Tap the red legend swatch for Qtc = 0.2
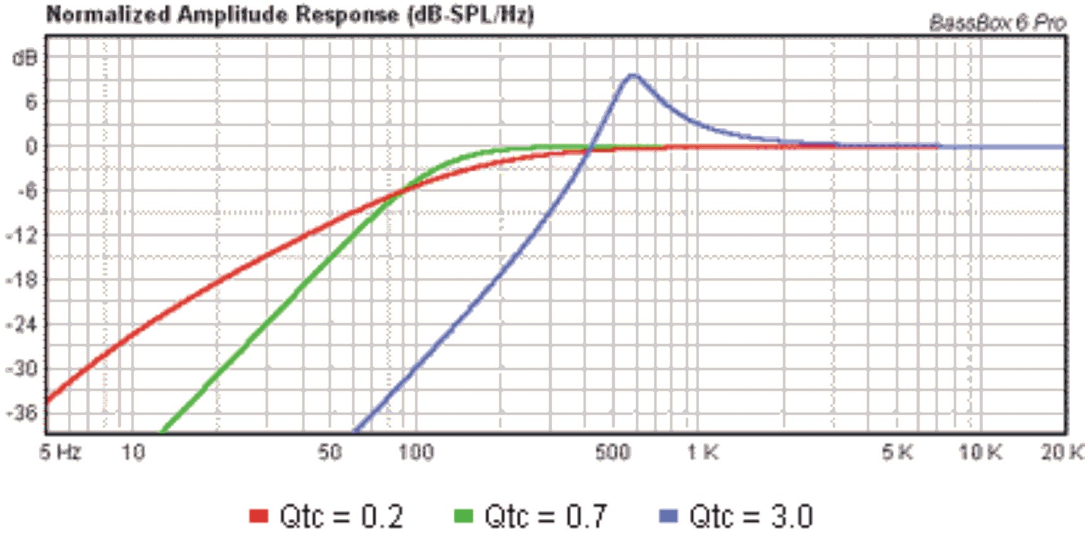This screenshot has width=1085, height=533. [x=259, y=516]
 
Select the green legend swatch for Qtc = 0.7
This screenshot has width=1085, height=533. [x=464, y=516]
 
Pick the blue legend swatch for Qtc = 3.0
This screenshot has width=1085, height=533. [x=668, y=516]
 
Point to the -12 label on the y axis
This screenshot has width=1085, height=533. [x=23, y=235]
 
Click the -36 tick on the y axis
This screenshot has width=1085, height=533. [x=23, y=413]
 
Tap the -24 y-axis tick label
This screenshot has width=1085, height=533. [x=23, y=324]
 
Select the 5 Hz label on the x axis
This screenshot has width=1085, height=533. [x=61, y=452]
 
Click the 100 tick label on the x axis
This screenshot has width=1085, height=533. [x=416, y=452]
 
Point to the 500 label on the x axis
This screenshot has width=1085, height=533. [x=613, y=452]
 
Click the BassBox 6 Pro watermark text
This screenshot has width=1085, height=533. [x=998, y=23]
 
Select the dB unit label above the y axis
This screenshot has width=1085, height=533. [x=25, y=58]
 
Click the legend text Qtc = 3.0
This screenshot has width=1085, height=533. [x=751, y=516]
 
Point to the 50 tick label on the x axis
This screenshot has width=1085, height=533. [x=330, y=452]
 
